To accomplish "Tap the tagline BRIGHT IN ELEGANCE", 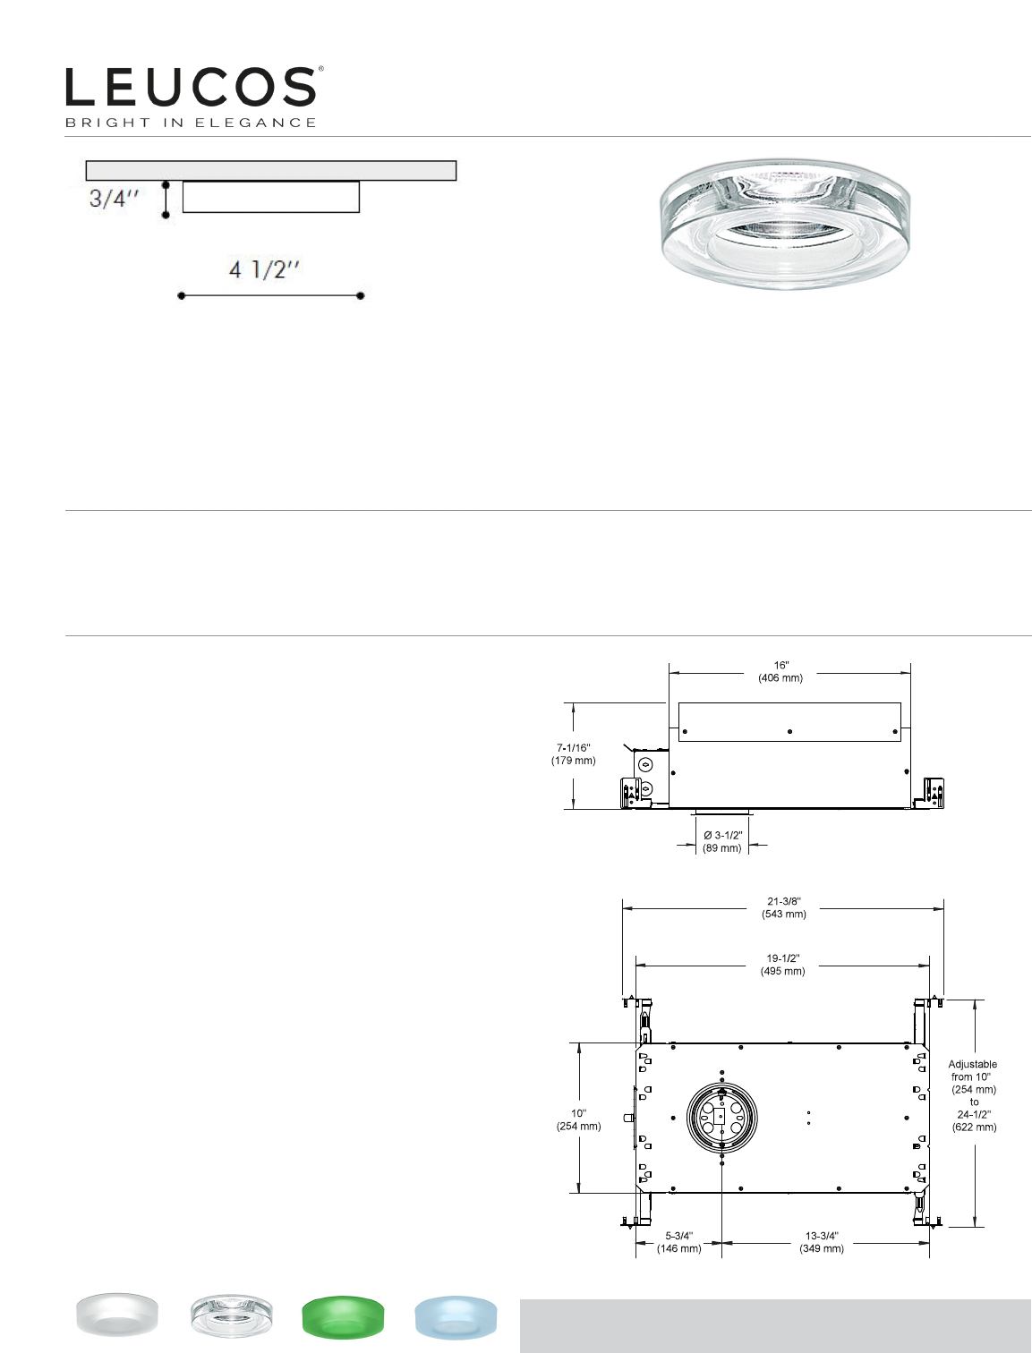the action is (x=192, y=123).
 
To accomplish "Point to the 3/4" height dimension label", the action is (x=114, y=199).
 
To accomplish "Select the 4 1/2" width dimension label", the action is (x=264, y=269).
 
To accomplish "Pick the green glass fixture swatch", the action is (x=343, y=1316).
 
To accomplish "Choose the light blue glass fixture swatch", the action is (x=456, y=1315).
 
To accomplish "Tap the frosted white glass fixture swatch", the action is (x=117, y=1315).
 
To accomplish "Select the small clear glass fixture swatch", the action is (x=231, y=1316).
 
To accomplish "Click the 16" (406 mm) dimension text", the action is (x=780, y=672).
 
